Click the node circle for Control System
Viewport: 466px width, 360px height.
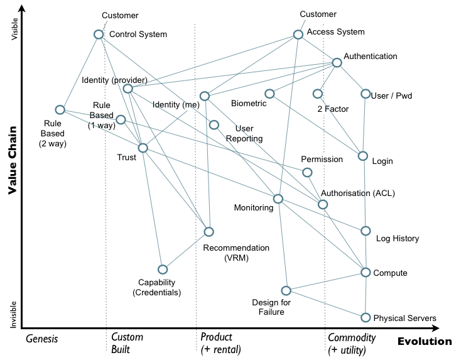click(99, 35)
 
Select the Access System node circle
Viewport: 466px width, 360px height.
click(299, 35)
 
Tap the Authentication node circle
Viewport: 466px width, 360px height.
click(337, 62)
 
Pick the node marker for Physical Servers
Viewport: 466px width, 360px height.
click(366, 318)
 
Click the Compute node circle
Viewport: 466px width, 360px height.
click(366, 272)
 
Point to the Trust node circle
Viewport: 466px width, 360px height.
click(143, 148)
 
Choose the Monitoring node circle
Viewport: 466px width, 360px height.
click(278, 199)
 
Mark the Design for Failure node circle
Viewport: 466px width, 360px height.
click(286, 290)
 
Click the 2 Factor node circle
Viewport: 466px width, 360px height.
click(318, 94)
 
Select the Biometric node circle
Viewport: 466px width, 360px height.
click(269, 94)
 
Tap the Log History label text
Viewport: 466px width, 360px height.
click(397, 239)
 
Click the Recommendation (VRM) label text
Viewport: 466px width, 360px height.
click(236, 253)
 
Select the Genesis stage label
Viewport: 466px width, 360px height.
click(42, 339)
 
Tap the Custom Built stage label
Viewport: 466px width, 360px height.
click(126, 343)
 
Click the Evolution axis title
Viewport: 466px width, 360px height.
click(424, 342)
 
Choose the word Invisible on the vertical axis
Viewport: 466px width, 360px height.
click(13, 313)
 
